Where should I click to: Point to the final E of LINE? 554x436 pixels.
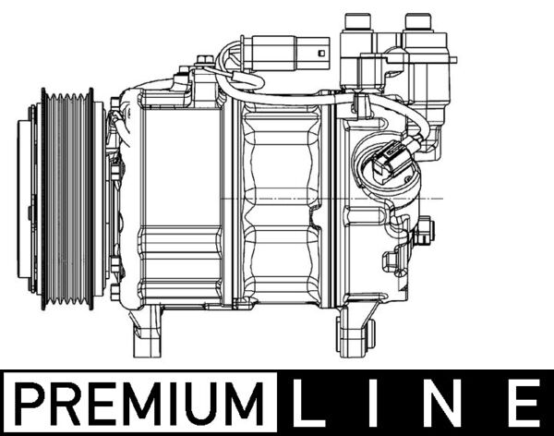(524, 404)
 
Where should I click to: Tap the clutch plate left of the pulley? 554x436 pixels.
(30, 198)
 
